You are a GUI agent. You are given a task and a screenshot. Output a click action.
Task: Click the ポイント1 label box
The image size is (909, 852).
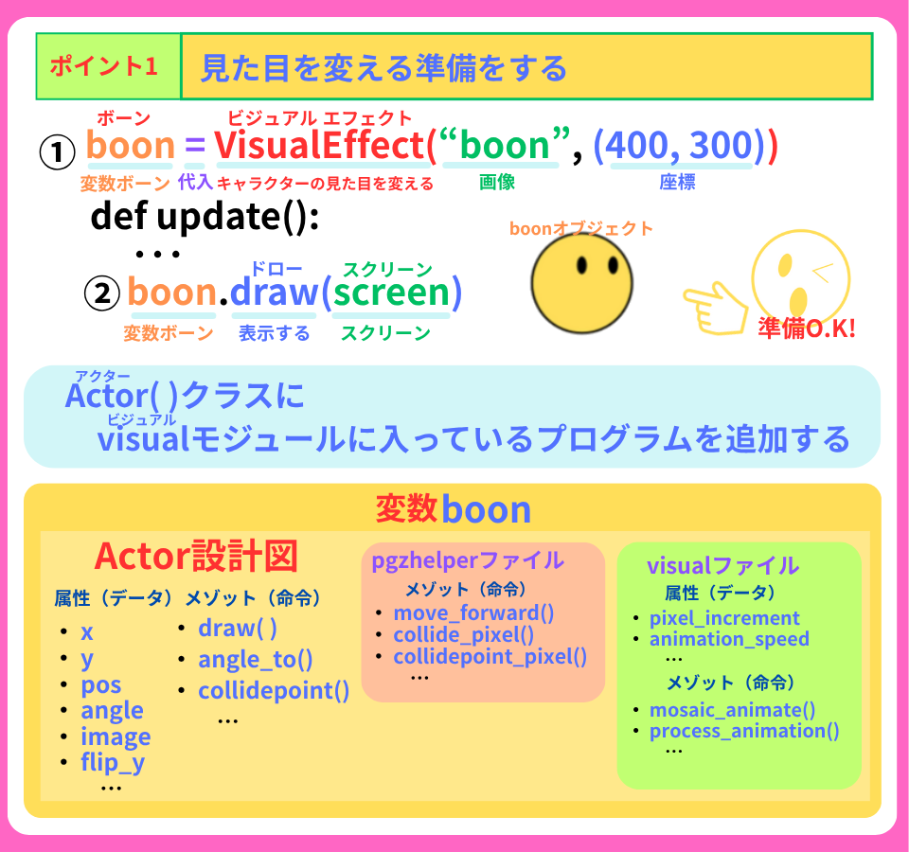click(108, 66)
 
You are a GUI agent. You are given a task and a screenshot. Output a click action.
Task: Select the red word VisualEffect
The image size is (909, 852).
click(319, 147)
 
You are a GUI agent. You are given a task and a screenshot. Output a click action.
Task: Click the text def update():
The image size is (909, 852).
click(205, 217)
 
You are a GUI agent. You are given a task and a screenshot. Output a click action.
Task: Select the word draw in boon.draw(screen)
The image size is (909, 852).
click(274, 293)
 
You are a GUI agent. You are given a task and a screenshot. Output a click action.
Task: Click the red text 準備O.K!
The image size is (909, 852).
click(807, 328)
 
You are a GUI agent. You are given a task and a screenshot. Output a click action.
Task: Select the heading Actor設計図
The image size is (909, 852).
click(197, 556)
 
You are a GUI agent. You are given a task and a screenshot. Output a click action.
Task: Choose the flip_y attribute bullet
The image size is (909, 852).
click(113, 762)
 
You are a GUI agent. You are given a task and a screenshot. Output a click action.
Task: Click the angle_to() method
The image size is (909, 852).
click(255, 660)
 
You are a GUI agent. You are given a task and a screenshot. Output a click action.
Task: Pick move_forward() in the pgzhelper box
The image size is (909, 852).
click(473, 613)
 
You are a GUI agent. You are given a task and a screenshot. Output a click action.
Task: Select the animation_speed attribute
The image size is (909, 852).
click(729, 639)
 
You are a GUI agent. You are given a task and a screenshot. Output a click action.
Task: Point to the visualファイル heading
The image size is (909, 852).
click(722, 566)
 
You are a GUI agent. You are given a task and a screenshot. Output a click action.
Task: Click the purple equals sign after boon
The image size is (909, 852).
click(194, 147)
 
